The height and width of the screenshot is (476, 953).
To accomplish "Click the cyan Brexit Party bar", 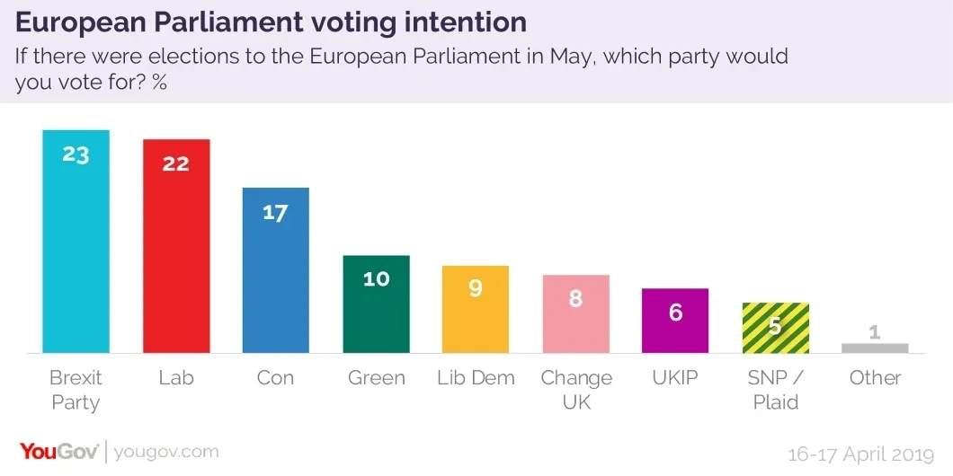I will (76, 242).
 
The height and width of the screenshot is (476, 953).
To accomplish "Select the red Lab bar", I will (176, 247).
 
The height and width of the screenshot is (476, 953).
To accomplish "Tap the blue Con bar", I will (276, 269).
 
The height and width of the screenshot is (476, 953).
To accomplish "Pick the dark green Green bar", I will (376, 305).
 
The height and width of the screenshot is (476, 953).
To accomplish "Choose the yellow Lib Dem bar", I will (476, 310).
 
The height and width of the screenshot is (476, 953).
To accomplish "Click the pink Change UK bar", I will (576, 314).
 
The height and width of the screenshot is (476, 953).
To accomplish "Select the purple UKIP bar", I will (676, 321).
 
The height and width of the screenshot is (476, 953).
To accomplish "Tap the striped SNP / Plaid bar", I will (776, 328).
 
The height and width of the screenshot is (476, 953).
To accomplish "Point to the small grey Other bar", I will (876, 348).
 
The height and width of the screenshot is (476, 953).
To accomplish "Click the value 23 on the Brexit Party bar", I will (76, 154).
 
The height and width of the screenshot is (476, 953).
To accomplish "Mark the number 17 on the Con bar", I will (276, 213).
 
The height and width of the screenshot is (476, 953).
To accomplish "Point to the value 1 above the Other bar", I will (876, 332).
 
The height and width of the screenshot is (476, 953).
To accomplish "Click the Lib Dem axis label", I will (476, 378).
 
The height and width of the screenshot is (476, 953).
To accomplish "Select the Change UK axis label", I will (576, 390).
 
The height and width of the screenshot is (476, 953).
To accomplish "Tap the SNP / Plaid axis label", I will (776, 390).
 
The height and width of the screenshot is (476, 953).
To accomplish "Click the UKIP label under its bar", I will (676, 378).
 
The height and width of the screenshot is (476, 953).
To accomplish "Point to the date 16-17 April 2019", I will (861, 454).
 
